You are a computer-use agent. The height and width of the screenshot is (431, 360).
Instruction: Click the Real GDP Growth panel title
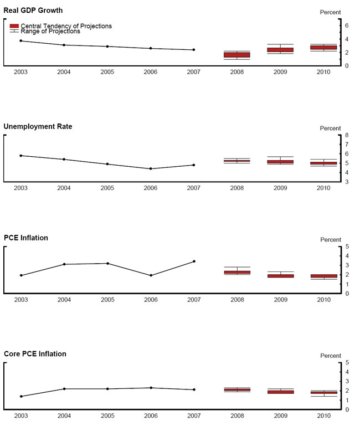click(33, 11)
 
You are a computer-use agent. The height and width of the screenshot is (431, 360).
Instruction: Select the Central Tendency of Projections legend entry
click(61, 26)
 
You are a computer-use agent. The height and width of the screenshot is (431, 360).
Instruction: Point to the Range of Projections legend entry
click(45, 32)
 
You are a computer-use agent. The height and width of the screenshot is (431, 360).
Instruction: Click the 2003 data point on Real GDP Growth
click(21, 40)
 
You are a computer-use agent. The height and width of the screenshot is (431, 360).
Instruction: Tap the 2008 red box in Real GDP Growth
click(237, 55)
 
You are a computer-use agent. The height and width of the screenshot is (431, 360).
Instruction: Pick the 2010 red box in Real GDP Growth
click(323, 48)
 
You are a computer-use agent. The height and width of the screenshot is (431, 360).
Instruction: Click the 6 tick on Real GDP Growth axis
click(347, 25)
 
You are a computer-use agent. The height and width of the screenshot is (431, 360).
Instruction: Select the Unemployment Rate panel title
click(38, 126)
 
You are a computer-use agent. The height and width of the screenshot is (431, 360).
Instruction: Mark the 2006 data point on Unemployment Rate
click(151, 169)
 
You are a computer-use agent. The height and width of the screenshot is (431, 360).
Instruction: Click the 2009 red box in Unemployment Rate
click(280, 162)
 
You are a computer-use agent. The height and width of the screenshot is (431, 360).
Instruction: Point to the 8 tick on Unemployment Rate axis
click(347, 135)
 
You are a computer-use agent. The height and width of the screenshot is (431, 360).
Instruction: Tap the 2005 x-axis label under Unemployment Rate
click(107, 188)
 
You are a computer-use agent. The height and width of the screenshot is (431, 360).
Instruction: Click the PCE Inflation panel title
click(26, 238)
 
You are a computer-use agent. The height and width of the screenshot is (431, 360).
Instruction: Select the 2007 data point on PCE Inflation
click(194, 261)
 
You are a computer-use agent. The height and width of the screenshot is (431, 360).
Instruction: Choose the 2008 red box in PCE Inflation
click(238, 273)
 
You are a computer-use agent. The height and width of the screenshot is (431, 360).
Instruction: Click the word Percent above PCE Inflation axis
click(331, 240)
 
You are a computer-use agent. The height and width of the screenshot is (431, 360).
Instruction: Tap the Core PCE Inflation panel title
click(35, 354)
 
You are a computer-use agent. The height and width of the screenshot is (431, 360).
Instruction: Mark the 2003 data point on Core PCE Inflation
click(21, 396)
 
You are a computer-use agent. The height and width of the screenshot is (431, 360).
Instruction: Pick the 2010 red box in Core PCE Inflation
click(324, 393)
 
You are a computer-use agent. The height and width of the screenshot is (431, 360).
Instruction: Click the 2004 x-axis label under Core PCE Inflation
click(64, 415)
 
